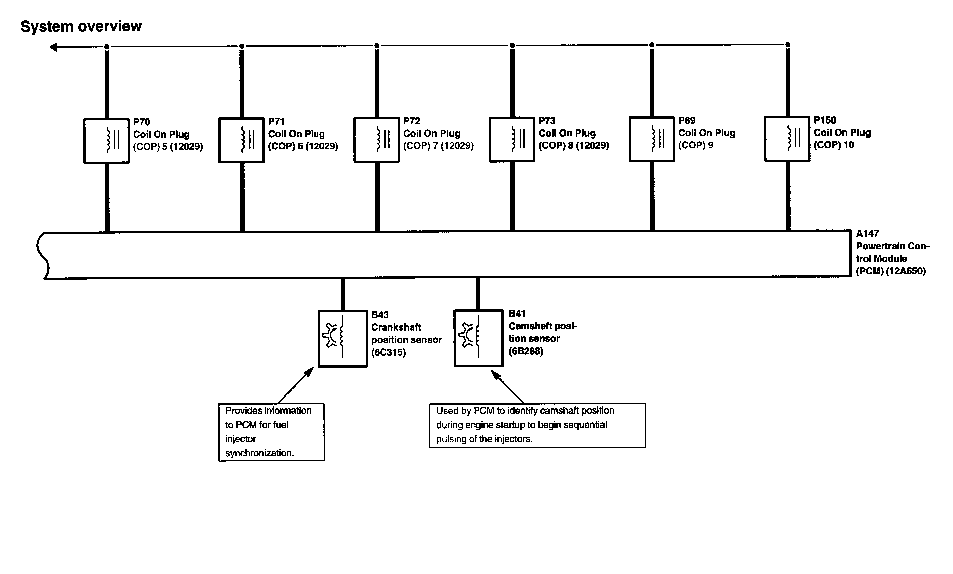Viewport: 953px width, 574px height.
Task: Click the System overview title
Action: [x=81, y=26]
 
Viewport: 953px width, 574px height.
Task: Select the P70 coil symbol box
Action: [x=106, y=141]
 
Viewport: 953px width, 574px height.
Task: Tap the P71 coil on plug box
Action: [x=241, y=140]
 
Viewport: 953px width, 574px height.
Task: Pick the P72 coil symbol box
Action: [x=376, y=140]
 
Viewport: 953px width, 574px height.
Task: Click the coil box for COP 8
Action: [x=512, y=139]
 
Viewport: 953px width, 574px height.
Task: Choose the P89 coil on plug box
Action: [x=651, y=139]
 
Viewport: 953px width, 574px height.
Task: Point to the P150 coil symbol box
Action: [x=787, y=139]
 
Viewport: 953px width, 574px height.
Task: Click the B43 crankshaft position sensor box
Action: [x=343, y=339]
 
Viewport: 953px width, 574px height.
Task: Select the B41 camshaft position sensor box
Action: [x=478, y=338]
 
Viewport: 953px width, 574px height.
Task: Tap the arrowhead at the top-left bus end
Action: [x=53, y=47]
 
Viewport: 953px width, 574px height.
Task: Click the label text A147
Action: [x=867, y=233]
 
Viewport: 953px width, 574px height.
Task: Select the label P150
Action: [x=825, y=120]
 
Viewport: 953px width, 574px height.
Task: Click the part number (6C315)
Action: [x=388, y=352]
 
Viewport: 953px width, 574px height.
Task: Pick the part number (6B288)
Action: [x=526, y=351]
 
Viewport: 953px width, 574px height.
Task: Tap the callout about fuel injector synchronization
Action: [x=272, y=432]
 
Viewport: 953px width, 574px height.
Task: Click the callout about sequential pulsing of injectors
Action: [x=537, y=425]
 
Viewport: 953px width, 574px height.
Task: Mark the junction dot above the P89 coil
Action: [x=652, y=45]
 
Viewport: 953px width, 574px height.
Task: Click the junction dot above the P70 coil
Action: [x=107, y=47]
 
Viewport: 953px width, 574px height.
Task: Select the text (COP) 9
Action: [x=696, y=145]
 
